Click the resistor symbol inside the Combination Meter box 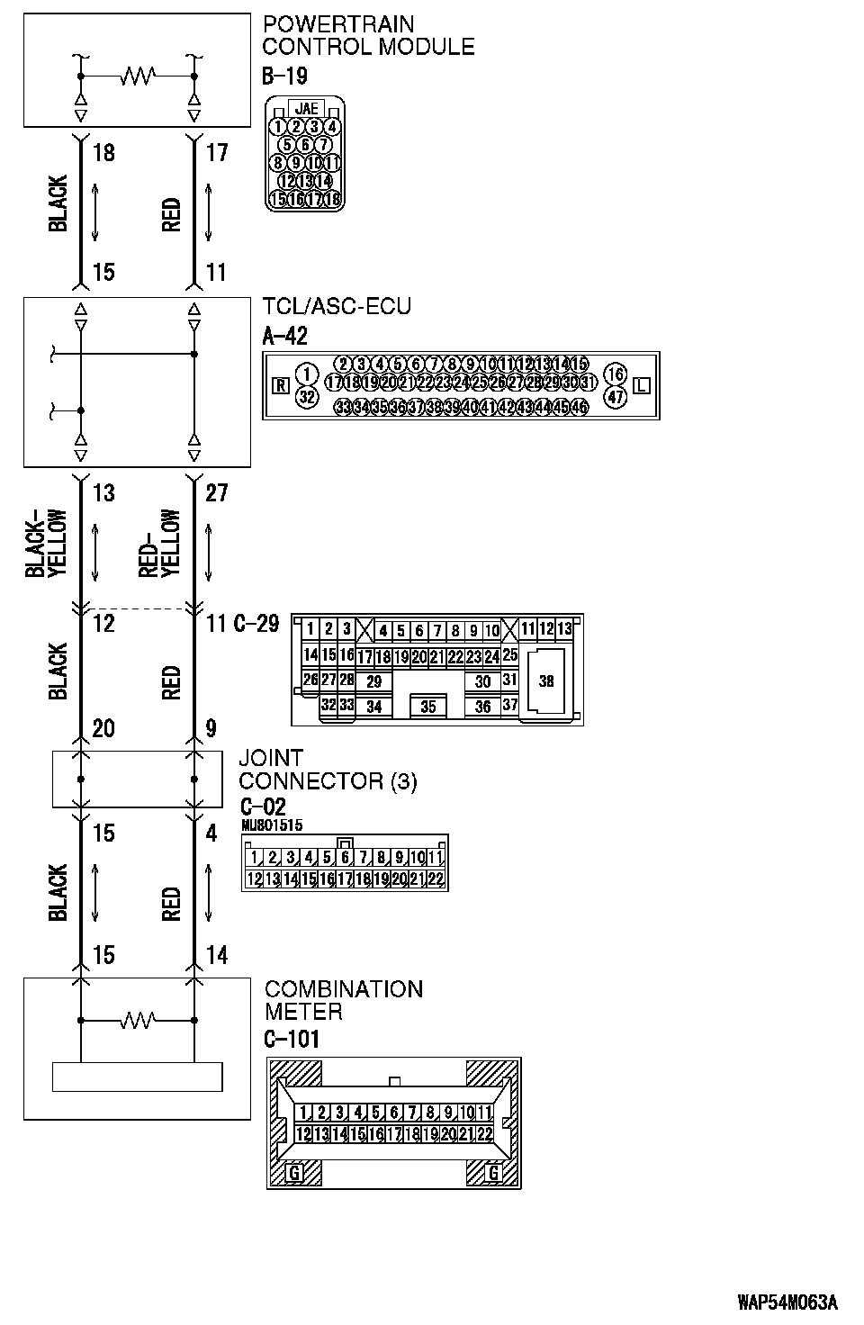pos(138,1020)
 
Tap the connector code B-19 pos(284,76)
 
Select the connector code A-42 pos(284,337)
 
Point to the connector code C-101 pos(292,1040)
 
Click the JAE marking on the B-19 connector pos(306,109)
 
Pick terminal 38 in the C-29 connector pos(546,681)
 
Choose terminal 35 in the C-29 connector pos(428,707)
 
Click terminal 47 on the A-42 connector pos(616,396)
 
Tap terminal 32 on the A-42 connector pos(307,396)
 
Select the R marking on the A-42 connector pos(281,386)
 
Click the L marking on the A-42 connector pos(642,386)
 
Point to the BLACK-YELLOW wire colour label pos(46,544)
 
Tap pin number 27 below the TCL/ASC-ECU pos(217,492)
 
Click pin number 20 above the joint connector pos(103,728)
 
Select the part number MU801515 pos(272,825)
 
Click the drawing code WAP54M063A pos(787,1302)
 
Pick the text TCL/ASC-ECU pos(337,307)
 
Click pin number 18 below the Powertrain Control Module pos(103,153)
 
